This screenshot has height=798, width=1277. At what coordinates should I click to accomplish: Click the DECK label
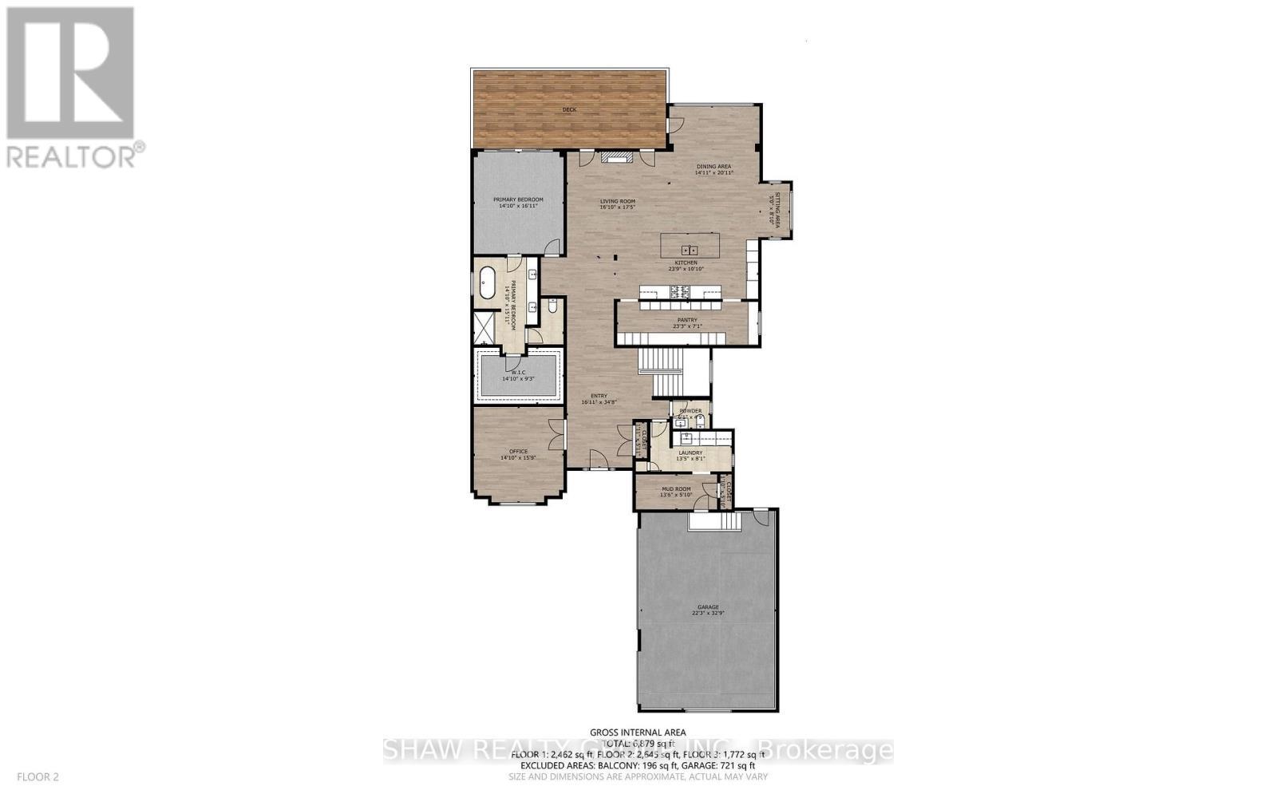(569, 109)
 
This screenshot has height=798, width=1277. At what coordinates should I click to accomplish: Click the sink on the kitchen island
(688, 251)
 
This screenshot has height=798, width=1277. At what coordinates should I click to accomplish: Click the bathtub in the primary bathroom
(487, 284)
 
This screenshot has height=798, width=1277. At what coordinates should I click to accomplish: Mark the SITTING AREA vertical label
(774, 210)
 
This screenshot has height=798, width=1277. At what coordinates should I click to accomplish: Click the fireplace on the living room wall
(615, 159)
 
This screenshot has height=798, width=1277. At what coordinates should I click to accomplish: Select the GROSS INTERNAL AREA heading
(638, 732)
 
